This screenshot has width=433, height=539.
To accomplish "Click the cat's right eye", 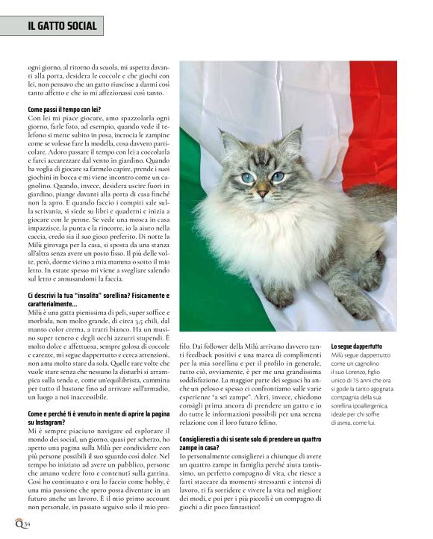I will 278,176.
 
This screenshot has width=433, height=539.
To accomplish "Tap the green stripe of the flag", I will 196,224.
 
